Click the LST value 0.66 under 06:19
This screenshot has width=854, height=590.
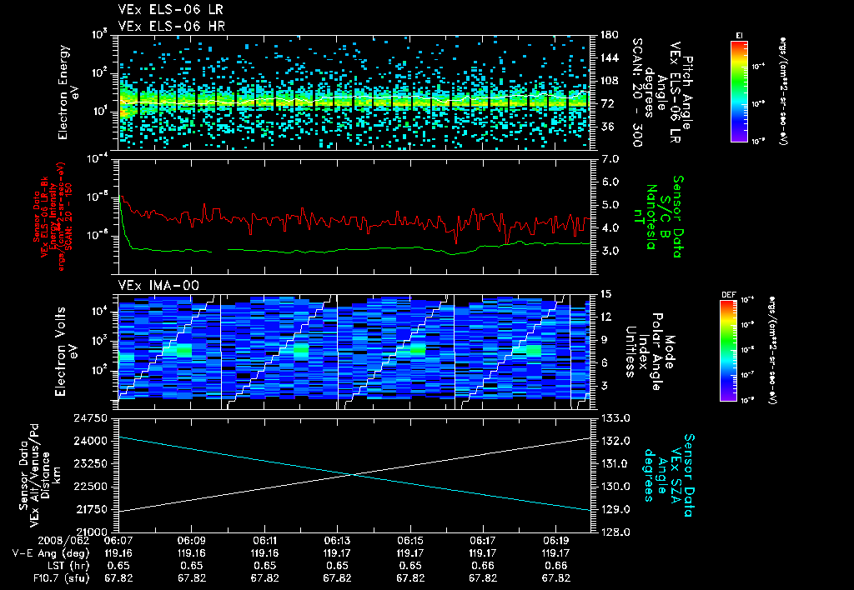coord(556,564)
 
